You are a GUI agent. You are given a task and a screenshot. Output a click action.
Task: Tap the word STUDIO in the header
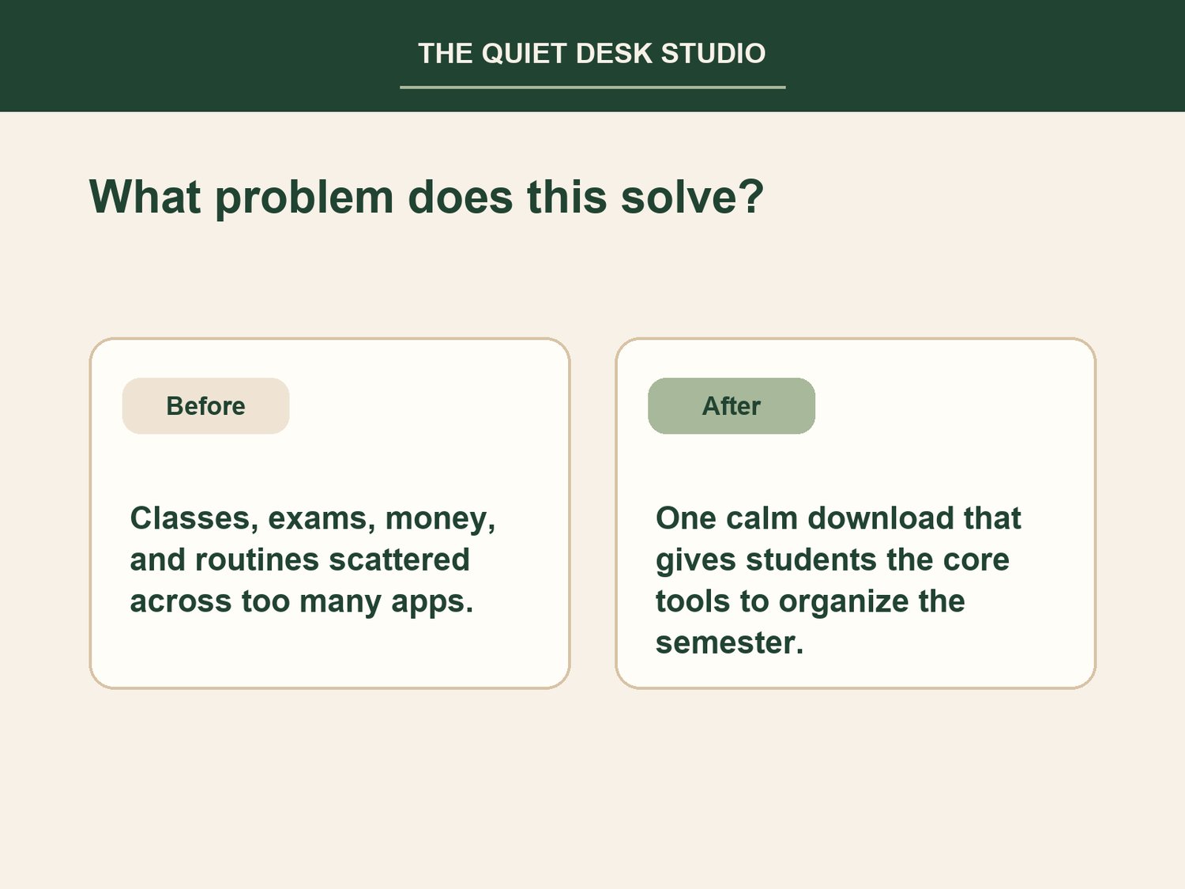[713, 54]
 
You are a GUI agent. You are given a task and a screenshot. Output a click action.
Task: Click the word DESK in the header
[614, 54]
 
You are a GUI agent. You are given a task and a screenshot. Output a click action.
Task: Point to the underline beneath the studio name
[592, 87]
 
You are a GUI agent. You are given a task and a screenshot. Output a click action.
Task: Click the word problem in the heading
[304, 198]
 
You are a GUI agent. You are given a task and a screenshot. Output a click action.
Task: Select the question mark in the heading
[750, 195]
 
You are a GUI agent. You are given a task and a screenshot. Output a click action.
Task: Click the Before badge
[205, 406]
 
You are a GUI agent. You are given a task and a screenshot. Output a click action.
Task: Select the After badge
[732, 406]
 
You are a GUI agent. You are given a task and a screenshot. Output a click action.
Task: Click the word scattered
[400, 559]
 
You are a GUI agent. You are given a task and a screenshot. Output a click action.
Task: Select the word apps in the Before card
[432, 603]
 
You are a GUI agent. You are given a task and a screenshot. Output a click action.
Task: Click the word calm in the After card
[762, 518]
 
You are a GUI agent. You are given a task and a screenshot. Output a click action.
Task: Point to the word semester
[729, 643]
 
